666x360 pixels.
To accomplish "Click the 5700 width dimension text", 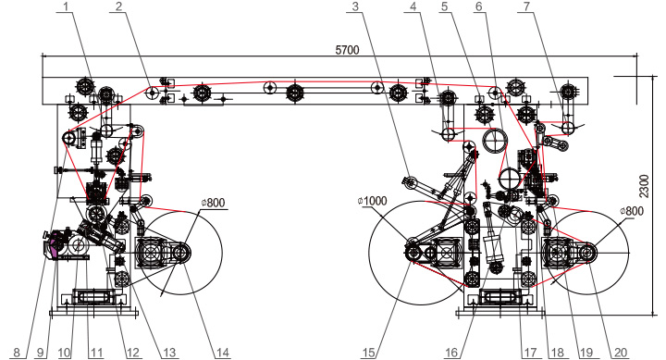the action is point(347,50).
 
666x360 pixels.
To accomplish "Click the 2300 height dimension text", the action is point(645,186).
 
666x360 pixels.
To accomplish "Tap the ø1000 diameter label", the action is point(373,201).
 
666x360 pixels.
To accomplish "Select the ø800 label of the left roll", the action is point(213,203).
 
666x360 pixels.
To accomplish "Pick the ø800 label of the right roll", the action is point(632,211).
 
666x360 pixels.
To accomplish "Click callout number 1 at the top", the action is point(66,6).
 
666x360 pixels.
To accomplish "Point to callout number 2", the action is point(118,6).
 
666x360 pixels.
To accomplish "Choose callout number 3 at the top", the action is point(355,6).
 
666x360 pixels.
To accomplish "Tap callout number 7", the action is point(527,6).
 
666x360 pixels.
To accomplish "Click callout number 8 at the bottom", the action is point(17,353).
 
